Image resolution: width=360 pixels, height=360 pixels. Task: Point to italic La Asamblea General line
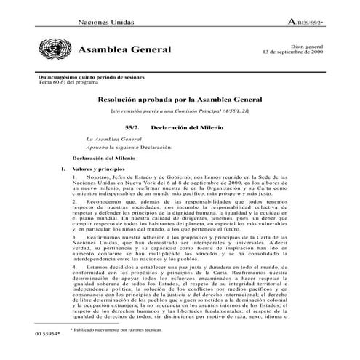(112, 138)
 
